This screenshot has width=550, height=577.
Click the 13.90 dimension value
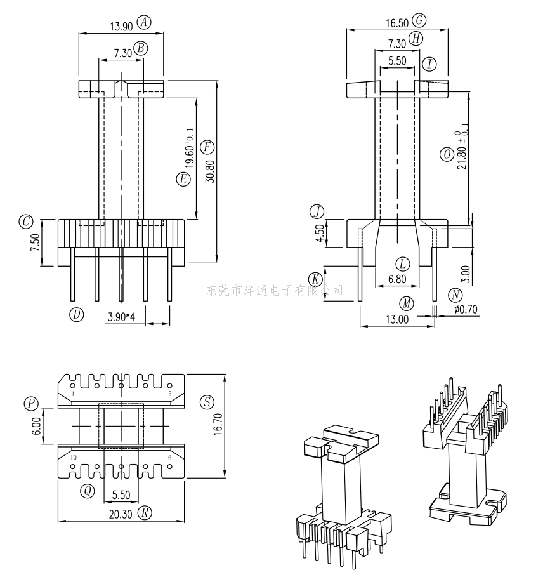click(x=121, y=27)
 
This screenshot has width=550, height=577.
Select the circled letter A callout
click(x=144, y=22)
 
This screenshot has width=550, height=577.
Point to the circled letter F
click(x=207, y=147)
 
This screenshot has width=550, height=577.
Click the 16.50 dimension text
click(x=397, y=23)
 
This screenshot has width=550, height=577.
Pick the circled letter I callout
click(x=429, y=64)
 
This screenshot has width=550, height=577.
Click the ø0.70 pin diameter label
click(x=466, y=310)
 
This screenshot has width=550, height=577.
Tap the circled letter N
click(x=455, y=295)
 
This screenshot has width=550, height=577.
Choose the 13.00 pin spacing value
click(x=397, y=319)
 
